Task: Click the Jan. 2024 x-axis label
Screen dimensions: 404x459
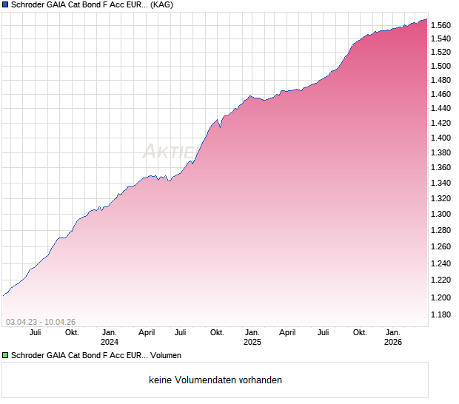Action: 110,337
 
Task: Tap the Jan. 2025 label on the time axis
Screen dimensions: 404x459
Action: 252,337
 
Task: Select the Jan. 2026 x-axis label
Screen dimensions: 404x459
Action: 393,337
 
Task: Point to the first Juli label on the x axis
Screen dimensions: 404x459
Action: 36,333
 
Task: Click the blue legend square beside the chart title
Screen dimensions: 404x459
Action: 5,5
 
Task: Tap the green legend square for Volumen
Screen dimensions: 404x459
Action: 5,355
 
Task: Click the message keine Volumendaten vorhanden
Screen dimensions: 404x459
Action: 215,380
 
